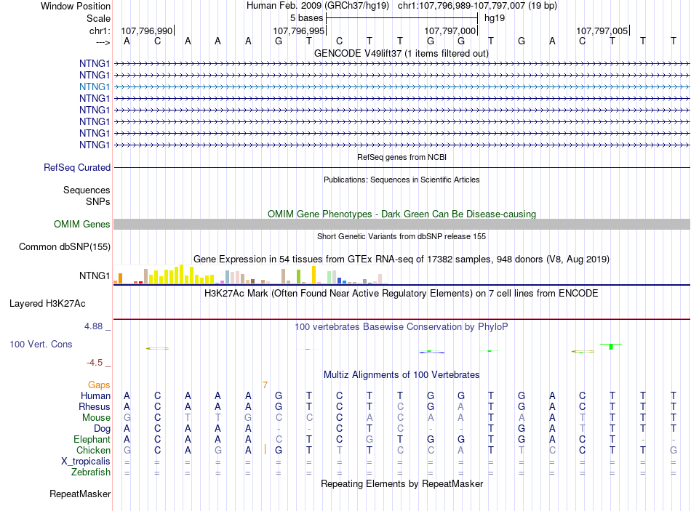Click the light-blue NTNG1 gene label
point(95,86)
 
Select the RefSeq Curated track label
point(77,167)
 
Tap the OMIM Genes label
point(82,224)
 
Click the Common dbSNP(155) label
point(65,246)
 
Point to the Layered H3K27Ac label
point(47,304)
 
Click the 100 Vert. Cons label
point(41,344)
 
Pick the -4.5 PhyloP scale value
point(95,363)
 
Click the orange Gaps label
point(99,385)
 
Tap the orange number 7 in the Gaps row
point(265,385)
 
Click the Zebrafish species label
point(91,472)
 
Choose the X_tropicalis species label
point(86,462)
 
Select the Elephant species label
point(92,439)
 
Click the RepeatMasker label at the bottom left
point(80,494)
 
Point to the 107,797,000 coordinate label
point(450,31)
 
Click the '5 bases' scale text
point(306,18)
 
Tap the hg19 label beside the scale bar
point(495,18)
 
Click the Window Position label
point(76,6)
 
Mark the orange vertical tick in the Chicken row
point(265,449)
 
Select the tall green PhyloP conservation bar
point(611,347)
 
